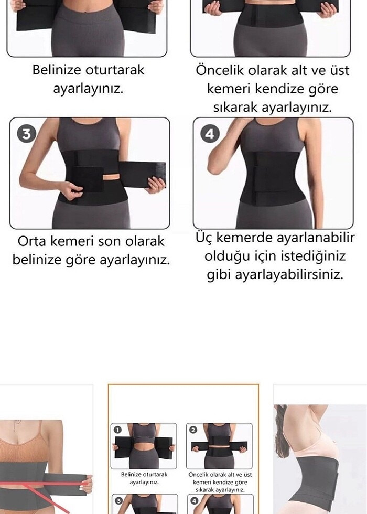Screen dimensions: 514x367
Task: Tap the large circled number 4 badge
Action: pos(209,134)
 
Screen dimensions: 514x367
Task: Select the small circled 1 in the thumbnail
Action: pos(118,430)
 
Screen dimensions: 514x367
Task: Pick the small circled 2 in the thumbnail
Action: pos(192,430)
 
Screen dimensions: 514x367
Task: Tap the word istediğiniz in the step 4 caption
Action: pos(315,256)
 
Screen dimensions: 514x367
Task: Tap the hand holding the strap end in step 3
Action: pos(155,185)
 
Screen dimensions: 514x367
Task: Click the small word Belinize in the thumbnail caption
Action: pos(132,474)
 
